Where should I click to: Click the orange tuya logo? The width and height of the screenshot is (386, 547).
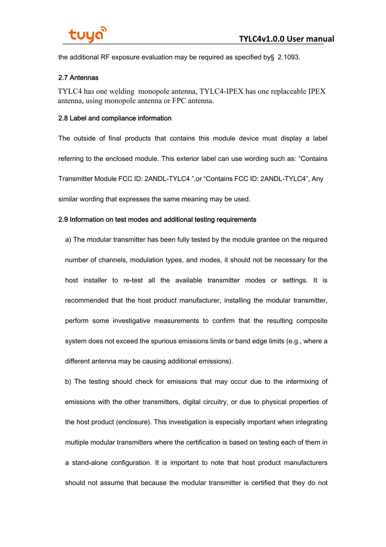(87, 34)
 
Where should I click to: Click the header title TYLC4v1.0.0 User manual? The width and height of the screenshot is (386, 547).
(286, 39)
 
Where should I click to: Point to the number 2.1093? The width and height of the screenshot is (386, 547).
(289, 57)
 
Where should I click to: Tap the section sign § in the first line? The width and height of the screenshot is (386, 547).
(272, 57)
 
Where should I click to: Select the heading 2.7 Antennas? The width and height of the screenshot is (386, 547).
(78, 78)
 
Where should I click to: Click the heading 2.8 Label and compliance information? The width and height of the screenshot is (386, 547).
(115, 118)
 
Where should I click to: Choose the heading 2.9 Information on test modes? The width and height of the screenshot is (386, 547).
(157, 220)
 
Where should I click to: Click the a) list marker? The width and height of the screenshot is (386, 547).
(68, 240)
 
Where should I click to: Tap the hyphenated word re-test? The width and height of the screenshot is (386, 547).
(133, 281)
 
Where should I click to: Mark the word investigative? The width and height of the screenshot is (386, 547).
(131, 321)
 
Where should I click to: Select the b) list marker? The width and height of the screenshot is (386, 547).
(68, 382)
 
